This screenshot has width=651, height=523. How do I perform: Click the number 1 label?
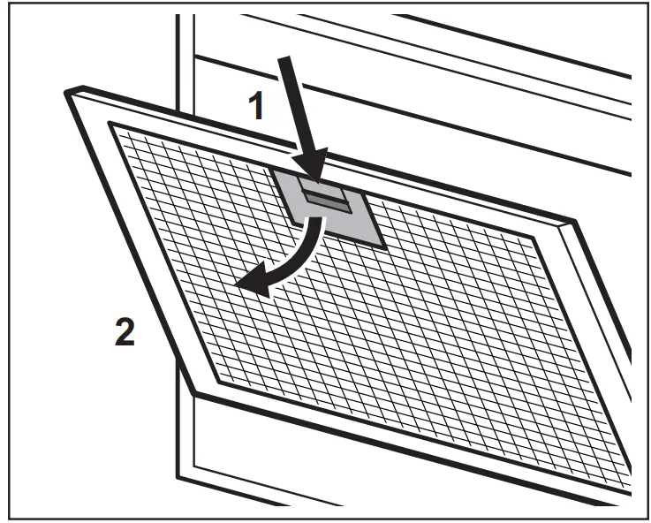[x=256, y=107]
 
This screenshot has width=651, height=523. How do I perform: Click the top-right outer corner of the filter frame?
[x=575, y=221]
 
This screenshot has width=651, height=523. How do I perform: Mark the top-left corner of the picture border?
[x=2, y=2]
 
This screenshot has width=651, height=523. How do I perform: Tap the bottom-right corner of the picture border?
[x=648, y=520]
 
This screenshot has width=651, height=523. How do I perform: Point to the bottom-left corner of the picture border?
[x=2, y=520]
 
